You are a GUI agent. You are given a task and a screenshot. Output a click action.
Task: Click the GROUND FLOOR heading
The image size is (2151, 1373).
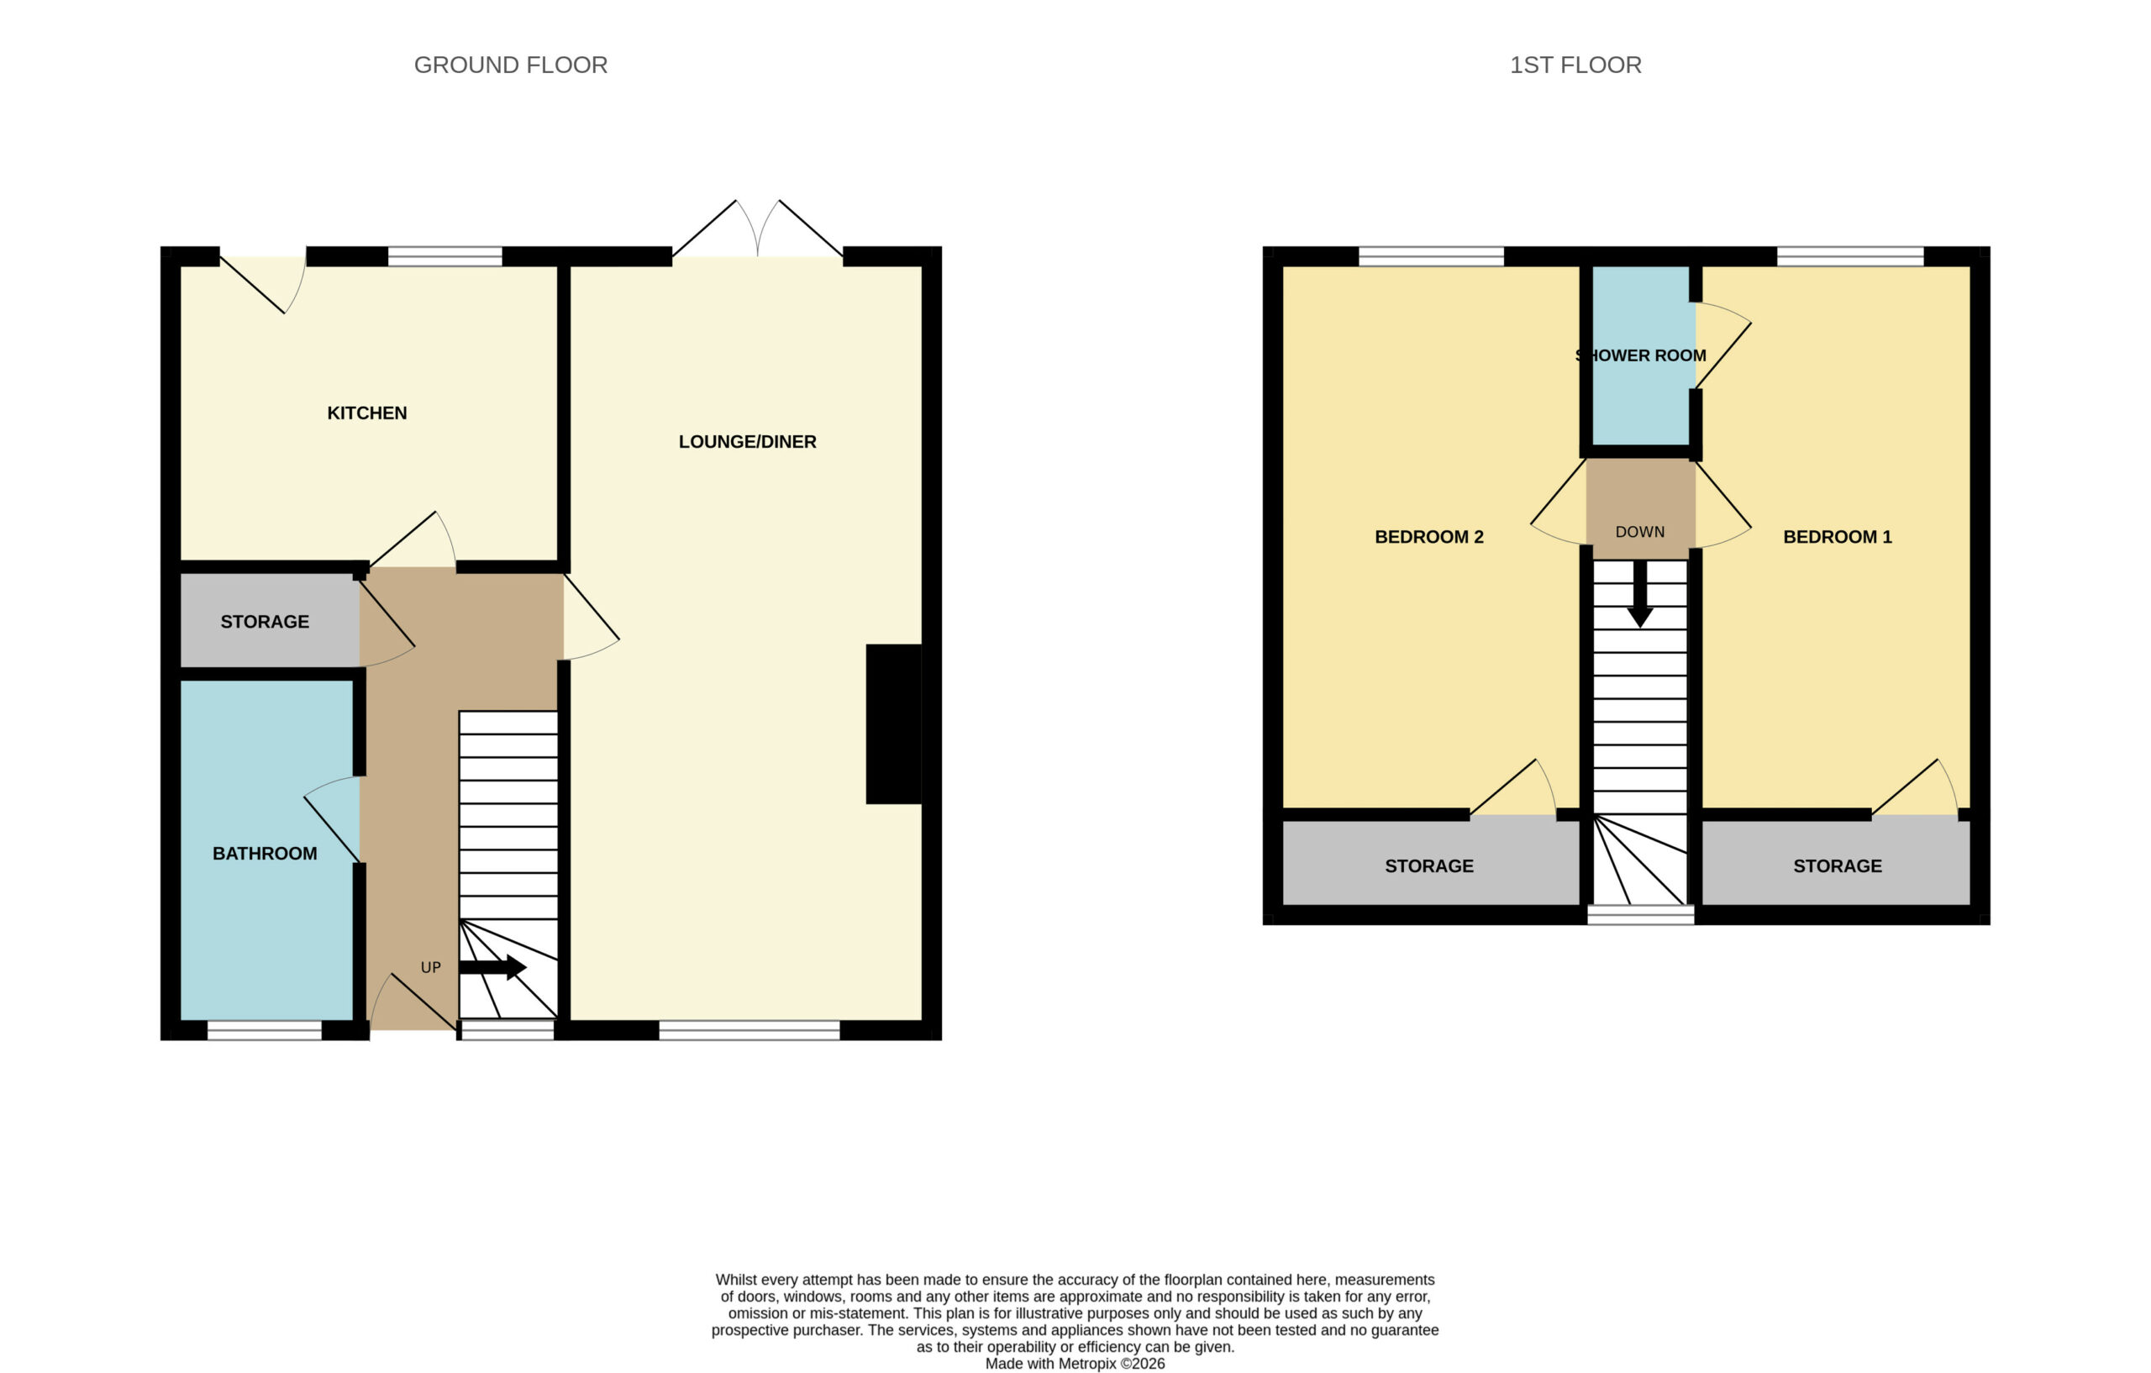point(510,66)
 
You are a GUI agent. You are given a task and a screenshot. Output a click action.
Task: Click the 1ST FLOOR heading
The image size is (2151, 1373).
point(1575,66)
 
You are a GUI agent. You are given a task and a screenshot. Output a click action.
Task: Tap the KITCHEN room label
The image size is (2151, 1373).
point(367,413)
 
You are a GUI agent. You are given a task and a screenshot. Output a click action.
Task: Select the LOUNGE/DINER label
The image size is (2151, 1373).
point(747,441)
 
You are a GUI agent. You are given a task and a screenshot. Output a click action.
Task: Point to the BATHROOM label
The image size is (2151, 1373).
point(265,853)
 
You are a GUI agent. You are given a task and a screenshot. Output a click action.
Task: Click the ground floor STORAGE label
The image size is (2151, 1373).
point(265,622)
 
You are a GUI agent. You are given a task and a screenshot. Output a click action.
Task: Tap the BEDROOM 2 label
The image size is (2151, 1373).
point(1428,537)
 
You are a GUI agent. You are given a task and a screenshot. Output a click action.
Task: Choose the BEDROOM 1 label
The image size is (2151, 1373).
point(1838,537)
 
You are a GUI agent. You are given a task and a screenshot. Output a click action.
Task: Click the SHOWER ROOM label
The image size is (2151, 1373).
point(1640,355)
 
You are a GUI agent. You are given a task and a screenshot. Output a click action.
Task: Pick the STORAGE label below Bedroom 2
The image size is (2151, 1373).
point(1429,865)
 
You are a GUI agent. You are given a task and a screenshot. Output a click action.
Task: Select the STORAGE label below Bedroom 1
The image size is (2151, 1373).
point(1838,865)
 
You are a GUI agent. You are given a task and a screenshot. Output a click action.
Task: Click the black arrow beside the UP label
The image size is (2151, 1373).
point(492,967)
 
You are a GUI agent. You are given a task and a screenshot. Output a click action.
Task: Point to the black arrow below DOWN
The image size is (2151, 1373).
point(1640,594)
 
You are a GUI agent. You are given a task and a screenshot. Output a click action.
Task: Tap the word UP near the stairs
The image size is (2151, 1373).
point(430,967)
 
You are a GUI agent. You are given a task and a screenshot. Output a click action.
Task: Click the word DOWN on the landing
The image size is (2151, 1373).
point(1640,532)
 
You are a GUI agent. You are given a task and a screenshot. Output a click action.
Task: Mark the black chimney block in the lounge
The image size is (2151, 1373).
point(893,723)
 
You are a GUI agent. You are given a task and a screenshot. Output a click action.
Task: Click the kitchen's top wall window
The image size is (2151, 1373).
point(444,256)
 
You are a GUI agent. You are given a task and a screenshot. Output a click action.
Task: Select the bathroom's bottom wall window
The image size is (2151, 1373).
point(265,1030)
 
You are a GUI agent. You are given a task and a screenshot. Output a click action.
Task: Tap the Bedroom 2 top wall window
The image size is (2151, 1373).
point(1431,256)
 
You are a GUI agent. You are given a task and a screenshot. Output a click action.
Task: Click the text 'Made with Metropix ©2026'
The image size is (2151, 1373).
point(1075,1363)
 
